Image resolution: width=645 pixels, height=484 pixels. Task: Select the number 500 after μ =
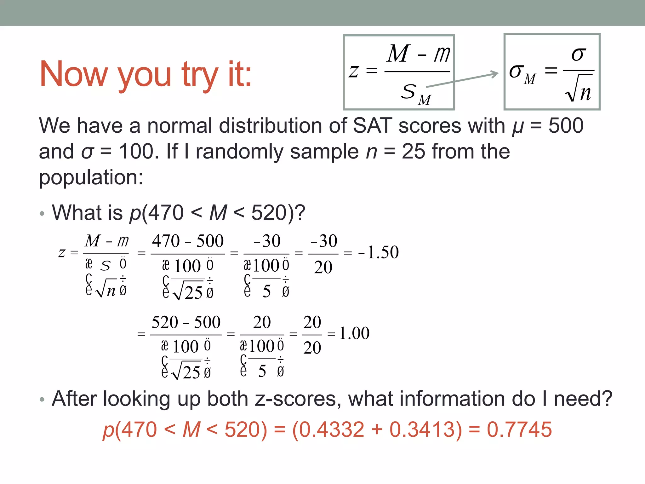point(566,126)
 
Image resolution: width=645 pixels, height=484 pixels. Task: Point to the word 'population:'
point(91,177)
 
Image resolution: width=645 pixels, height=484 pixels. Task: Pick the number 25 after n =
point(413,152)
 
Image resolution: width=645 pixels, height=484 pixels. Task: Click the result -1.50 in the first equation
point(379,252)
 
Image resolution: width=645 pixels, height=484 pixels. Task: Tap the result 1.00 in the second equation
point(354,333)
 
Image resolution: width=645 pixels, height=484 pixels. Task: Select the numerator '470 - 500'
point(188,241)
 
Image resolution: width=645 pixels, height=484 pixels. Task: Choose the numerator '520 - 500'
point(186,322)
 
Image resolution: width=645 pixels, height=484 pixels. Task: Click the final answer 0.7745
point(519,429)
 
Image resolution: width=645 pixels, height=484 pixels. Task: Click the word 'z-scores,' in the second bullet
point(298,399)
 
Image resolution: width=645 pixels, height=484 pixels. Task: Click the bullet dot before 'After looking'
point(42,400)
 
